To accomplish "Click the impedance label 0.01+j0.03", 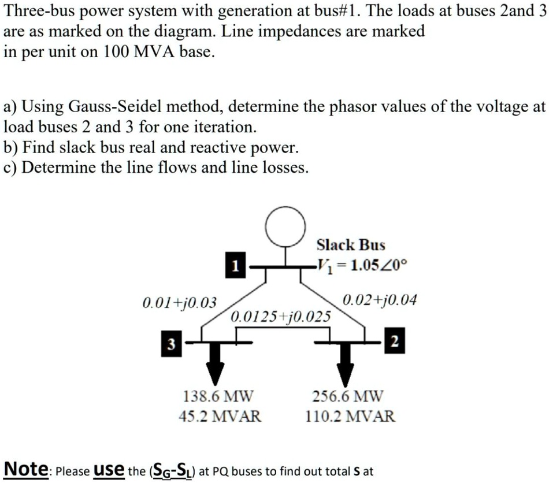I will (179, 302).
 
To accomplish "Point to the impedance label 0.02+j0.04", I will (379, 300).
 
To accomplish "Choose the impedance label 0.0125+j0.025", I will (281, 316).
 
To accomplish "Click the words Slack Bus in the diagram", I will (351, 245).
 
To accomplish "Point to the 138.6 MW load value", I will (218, 397).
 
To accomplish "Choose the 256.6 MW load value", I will (347, 397).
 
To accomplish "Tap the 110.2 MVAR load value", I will (351, 415).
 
